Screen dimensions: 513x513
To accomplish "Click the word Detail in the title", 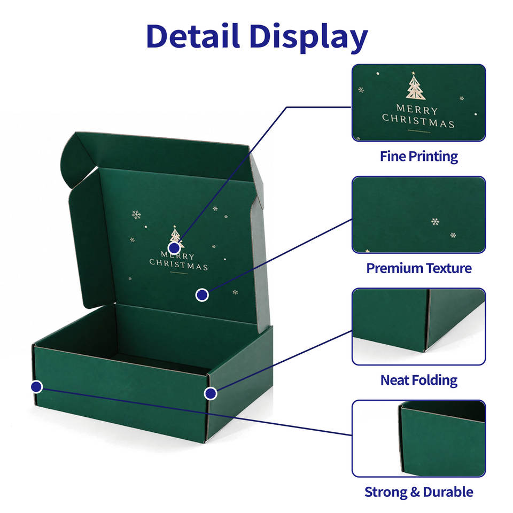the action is click(x=193, y=36).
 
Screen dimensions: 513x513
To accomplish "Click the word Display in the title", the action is click(x=309, y=37).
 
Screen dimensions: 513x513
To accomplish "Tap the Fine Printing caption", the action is click(x=419, y=157).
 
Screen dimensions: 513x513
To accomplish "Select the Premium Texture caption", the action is click(x=419, y=268).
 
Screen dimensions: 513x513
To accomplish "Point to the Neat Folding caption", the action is click(x=419, y=380).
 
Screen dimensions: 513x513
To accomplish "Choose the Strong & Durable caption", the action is click(x=419, y=492).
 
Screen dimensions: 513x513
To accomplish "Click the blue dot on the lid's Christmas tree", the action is click(x=174, y=247).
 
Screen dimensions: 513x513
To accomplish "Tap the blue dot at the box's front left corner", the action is click(x=37, y=387).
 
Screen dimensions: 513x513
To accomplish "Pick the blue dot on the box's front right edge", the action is click(x=211, y=393).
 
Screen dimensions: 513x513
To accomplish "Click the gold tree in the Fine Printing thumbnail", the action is click(x=415, y=86).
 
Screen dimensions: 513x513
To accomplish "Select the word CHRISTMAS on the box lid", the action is click(x=178, y=265).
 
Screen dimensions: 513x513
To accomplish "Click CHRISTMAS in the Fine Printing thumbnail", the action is click(x=418, y=121).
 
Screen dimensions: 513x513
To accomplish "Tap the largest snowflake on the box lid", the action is click(x=136, y=215).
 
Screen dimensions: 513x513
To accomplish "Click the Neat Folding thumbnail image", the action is click(x=419, y=327).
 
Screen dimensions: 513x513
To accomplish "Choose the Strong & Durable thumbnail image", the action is click(x=419, y=438).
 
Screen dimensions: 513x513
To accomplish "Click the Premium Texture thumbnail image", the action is click(x=419, y=215).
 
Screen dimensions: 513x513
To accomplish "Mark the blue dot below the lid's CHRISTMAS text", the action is click(x=202, y=295).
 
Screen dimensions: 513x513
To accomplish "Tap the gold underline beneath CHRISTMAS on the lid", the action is click(x=179, y=273).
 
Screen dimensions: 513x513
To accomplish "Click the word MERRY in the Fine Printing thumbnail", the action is click(x=417, y=109).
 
